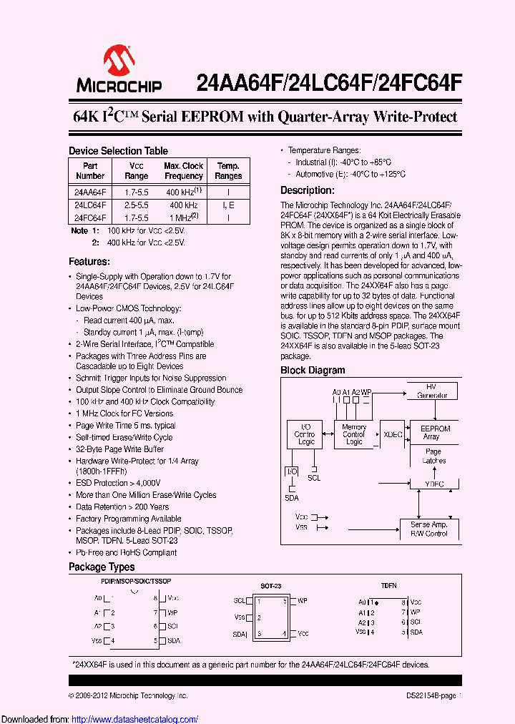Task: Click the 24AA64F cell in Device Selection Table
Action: [x=89, y=192]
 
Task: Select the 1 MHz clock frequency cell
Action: [x=183, y=217]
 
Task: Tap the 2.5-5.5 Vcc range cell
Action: [x=136, y=205]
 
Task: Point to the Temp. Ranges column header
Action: [x=228, y=170]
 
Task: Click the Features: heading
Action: [x=89, y=262]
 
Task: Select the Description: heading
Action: [x=307, y=190]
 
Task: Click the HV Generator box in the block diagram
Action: [x=431, y=391]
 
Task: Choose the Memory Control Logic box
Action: [x=354, y=434]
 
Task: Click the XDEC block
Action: [x=393, y=434]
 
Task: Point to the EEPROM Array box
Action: [x=431, y=433]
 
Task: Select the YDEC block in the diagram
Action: [x=433, y=484]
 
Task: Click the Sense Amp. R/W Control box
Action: [x=429, y=529]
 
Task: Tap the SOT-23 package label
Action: [x=270, y=586]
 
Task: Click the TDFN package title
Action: [x=388, y=586]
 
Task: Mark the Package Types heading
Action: [x=102, y=567]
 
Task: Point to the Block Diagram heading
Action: [x=313, y=371]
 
